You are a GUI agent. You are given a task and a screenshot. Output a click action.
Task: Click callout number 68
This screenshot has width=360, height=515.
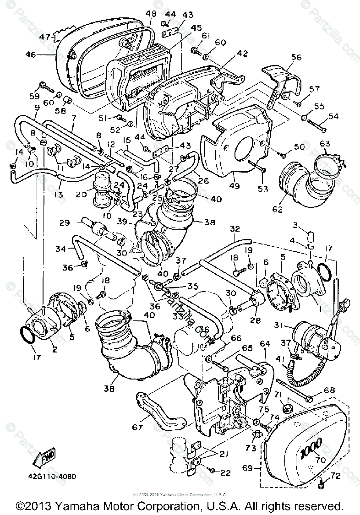coord(329,390)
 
